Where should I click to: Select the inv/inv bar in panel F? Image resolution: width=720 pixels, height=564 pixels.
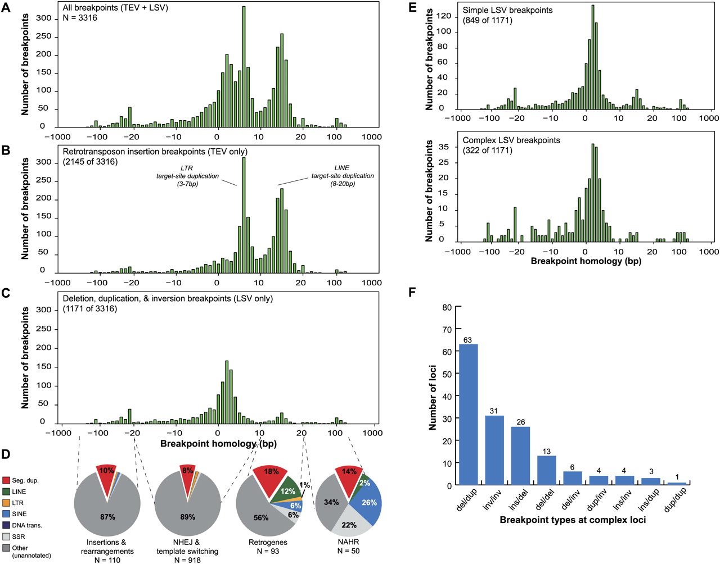click(x=494, y=450)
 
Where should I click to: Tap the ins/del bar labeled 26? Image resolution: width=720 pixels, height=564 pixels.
click(x=520, y=456)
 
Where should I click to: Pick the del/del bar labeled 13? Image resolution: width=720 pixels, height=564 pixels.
click(x=546, y=470)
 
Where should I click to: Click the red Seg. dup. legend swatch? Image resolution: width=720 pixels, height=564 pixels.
click(x=6, y=481)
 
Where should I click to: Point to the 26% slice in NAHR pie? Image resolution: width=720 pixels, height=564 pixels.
click(x=369, y=502)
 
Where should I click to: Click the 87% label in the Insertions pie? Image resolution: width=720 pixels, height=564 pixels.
click(x=107, y=517)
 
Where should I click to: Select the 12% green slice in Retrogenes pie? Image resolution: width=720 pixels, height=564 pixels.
click(x=288, y=490)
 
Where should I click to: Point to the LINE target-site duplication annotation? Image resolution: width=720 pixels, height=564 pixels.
click(x=343, y=176)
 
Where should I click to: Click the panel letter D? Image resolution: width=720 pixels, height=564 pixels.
click(x=6, y=453)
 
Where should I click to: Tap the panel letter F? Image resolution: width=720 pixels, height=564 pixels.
click(x=412, y=292)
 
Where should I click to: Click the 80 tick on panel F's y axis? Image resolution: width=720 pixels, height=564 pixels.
click(x=447, y=307)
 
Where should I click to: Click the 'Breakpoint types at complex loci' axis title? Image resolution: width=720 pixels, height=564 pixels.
click(x=573, y=520)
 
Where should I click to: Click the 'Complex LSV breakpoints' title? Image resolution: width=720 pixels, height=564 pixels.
click(x=511, y=140)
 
